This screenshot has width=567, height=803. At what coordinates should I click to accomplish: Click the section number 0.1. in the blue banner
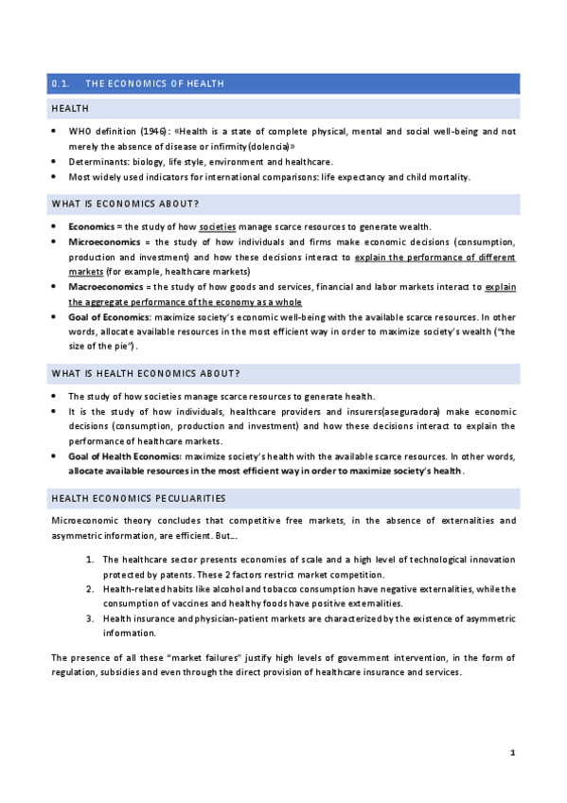[62, 83]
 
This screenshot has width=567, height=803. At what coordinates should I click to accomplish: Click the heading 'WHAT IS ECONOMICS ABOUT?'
[125, 204]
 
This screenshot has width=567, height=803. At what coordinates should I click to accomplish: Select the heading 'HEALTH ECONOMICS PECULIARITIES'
[138, 498]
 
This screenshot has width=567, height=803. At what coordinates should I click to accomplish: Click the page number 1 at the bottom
[512, 752]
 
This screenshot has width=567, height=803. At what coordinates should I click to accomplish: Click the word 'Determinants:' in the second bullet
[96, 162]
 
